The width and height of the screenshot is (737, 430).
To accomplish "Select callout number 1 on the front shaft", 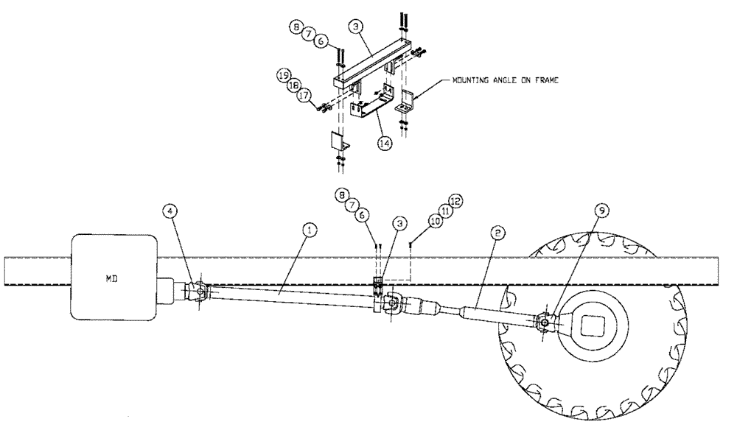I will point(310,230).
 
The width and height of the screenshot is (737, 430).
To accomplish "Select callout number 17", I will point(304,96).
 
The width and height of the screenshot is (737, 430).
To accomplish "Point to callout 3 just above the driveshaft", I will point(399,222).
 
